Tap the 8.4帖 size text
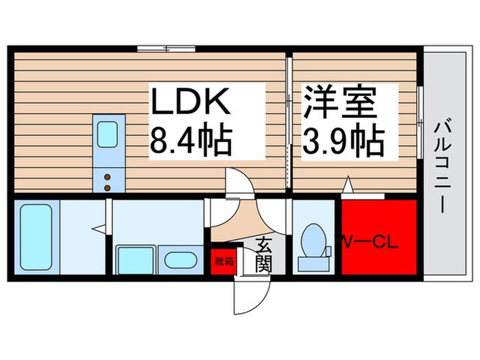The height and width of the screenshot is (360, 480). coord(191,141)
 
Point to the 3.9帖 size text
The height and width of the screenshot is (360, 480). coord(343,141)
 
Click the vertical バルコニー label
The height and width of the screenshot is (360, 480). coord(441,165)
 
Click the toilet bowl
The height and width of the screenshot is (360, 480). coord(314,240)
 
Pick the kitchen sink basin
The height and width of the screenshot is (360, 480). coord(108,134)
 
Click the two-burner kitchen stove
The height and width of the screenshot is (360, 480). coord(108,181)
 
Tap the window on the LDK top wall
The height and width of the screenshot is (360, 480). coord(165,49)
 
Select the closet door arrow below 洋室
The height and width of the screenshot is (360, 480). coord(348,184)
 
